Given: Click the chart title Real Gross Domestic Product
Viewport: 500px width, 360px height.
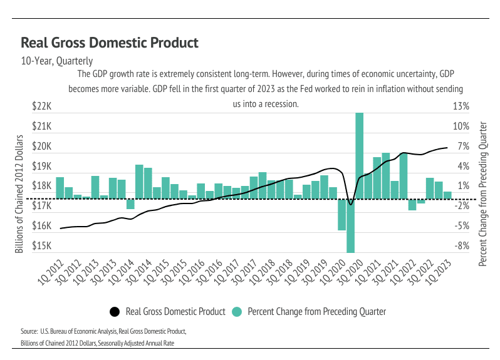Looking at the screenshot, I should tap(110, 43).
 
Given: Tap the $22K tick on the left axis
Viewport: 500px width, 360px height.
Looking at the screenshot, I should tap(41, 106).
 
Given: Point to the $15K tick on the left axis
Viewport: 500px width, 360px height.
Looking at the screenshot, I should tap(41, 246).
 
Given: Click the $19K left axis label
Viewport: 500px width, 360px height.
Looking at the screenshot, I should tap(41, 167).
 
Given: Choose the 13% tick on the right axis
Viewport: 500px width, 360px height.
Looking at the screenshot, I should tap(461, 106).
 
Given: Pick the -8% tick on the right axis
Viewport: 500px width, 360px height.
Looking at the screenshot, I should tap(461, 246).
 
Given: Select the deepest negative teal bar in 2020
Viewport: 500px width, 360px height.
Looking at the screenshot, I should tap(351, 225).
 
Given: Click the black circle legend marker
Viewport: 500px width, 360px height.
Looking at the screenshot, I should tap(114, 311).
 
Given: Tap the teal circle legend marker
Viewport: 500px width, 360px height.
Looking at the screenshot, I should tap(236, 311).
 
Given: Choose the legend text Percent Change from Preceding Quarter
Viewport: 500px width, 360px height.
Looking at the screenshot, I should tap(316, 311).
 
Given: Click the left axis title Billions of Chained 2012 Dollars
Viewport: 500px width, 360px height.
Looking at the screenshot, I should tap(19, 193).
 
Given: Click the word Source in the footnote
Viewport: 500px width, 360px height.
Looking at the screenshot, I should tap(29, 330).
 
